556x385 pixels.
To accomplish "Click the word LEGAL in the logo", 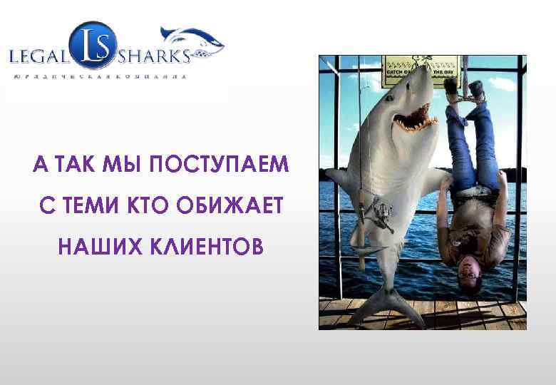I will pyautogui.click(x=38, y=56).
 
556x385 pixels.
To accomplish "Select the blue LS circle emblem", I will pyautogui.click(x=91, y=43).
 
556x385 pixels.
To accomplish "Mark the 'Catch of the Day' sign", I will pyautogui.click(x=421, y=67).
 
